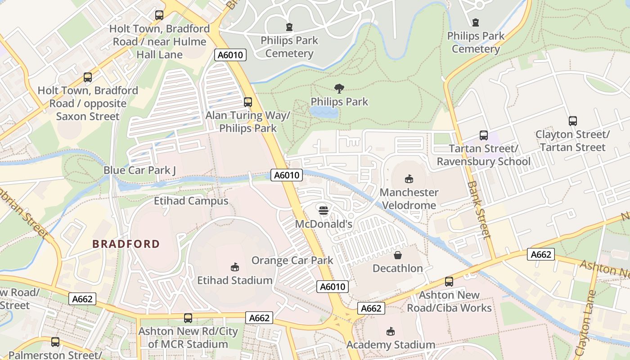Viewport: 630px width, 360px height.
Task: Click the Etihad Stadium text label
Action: [234, 280]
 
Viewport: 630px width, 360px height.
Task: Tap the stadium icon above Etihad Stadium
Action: [234, 267]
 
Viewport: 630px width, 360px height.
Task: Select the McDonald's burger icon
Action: [323, 210]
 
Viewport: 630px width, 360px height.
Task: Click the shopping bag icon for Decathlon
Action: [398, 255]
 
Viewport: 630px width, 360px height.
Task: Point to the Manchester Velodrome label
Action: [409, 199]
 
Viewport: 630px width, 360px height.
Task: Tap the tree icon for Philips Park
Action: [339, 89]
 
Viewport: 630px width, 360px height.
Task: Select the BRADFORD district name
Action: [126, 244]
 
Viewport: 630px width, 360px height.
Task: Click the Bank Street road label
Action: [478, 209]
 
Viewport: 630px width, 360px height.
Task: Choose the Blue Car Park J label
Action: [139, 170]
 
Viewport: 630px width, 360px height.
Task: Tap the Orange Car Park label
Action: [292, 260]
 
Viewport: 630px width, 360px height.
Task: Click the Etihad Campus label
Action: [191, 201]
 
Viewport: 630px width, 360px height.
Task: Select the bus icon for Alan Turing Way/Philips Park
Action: [247, 102]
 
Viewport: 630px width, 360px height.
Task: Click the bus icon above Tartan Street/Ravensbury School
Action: [484, 135]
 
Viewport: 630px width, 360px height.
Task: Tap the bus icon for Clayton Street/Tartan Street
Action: [572, 121]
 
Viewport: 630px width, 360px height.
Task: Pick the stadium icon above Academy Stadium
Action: [390, 332]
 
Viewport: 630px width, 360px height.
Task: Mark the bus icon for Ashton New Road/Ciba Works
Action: [449, 282]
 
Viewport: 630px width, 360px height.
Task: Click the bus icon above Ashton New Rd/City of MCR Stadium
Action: [188, 318]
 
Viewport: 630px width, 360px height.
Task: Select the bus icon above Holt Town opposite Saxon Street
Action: [88, 77]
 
